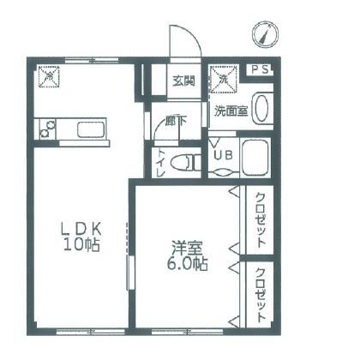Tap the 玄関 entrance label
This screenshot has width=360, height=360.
(x=183, y=81)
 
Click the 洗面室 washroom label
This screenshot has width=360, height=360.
(x=231, y=110)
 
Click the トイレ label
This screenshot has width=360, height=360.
(x=160, y=162)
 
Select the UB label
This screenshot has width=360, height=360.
(x=222, y=154)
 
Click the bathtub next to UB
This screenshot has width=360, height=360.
(x=256, y=158)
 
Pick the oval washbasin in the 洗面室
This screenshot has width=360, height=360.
(x=261, y=109)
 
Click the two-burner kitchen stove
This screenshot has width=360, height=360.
(x=47, y=129)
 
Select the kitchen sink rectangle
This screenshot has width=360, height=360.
(x=90, y=129)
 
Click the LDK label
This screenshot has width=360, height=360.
(x=81, y=229)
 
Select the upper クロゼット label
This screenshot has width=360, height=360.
(x=259, y=219)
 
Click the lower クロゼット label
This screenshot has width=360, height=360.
(x=259, y=292)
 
